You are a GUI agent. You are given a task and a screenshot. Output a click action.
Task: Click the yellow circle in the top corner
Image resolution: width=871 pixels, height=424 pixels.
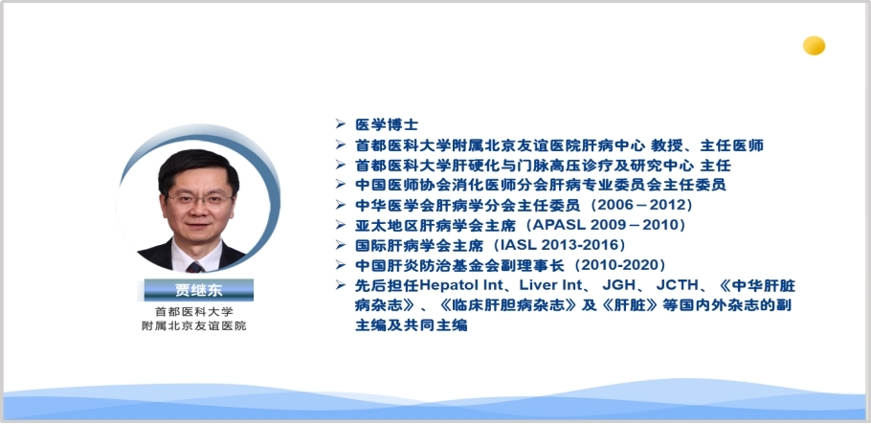pos(814,46)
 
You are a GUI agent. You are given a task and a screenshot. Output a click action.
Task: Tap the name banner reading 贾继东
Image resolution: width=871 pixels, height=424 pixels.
pos(199,290)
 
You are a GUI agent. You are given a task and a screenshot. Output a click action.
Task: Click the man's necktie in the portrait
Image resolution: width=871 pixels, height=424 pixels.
pos(195,267)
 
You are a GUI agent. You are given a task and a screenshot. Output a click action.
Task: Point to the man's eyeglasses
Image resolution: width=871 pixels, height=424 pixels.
pos(200,199)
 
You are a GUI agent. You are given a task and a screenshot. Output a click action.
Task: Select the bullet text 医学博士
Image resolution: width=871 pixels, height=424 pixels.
pos(387,124)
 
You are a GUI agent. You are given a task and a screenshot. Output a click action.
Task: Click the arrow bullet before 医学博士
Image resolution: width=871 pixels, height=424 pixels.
pos(341,123)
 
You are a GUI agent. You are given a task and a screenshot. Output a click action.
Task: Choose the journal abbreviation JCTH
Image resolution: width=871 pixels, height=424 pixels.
pos(677,285)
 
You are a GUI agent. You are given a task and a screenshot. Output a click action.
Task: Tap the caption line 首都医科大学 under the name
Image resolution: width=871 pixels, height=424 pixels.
pos(194,312)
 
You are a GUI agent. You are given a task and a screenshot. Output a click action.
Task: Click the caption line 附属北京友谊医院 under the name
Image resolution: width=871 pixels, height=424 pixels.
pos(194,325)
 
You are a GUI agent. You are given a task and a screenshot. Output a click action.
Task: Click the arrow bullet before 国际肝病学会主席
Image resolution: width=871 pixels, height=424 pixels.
pos(341,244)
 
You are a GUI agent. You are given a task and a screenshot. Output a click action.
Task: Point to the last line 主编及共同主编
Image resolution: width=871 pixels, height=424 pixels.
pos(411,325)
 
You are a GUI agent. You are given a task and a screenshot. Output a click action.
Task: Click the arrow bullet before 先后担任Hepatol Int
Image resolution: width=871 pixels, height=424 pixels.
pos(341,285)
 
